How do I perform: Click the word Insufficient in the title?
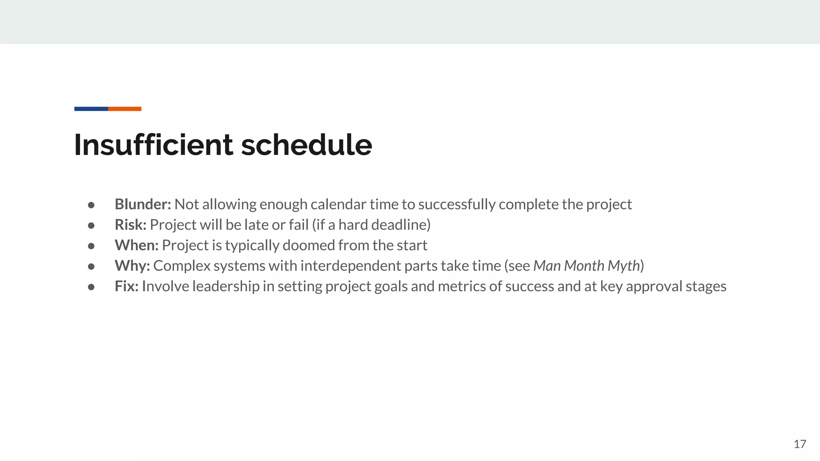(x=153, y=144)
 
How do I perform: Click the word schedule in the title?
(x=306, y=144)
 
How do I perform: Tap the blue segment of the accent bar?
(x=91, y=109)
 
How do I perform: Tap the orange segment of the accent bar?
(x=125, y=109)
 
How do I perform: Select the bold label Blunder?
(x=143, y=204)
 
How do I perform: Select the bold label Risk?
(x=131, y=225)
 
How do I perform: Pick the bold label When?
(x=137, y=245)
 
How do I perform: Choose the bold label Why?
(x=132, y=266)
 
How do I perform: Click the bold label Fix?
(x=127, y=286)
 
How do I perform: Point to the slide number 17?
(x=800, y=444)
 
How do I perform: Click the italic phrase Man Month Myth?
(x=587, y=266)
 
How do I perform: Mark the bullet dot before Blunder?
(x=91, y=205)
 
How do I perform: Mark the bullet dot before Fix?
(x=91, y=287)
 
